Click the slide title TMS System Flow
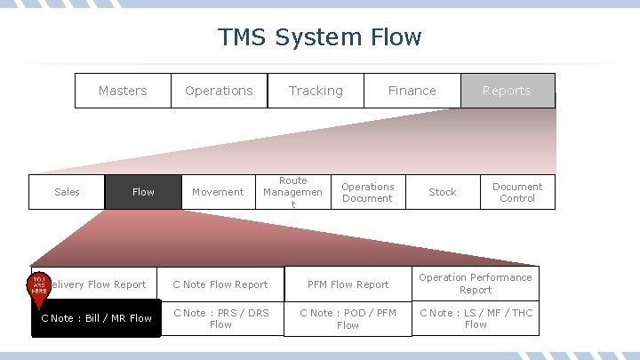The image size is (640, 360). pyautogui.click(x=320, y=37)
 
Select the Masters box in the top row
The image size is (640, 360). pyautogui.click(x=123, y=91)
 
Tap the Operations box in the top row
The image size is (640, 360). pyautogui.click(x=219, y=91)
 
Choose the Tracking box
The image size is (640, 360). pyautogui.click(x=316, y=91)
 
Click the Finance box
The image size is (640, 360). pyautogui.click(x=412, y=91)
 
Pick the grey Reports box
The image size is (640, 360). pyautogui.click(x=508, y=91)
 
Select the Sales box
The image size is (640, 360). pyautogui.click(x=67, y=192)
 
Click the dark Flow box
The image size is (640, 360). pyautogui.click(x=143, y=192)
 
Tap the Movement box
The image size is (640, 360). pyautogui.click(x=218, y=192)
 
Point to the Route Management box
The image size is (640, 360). pyautogui.click(x=292, y=192)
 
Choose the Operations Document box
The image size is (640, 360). pyautogui.click(x=367, y=192)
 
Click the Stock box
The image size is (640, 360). pyautogui.click(x=442, y=192)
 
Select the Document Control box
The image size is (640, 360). pyautogui.click(x=517, y=192)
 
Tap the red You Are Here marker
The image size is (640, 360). pyautogui.click(x=39, y=286)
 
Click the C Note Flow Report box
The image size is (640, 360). pyautogui.click(x=220, y=284)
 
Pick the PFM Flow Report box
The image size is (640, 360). pyautogui.click(x=348, y=284)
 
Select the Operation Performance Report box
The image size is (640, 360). pyautogui.click(x=476, y=284)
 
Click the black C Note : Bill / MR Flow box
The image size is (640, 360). pyautogui.click(x=97, y=318)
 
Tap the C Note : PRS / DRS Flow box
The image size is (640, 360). pyautogui.click(x=220, y=318)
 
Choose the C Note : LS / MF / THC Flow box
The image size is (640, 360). pyautogui.click(x=476, y=318)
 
